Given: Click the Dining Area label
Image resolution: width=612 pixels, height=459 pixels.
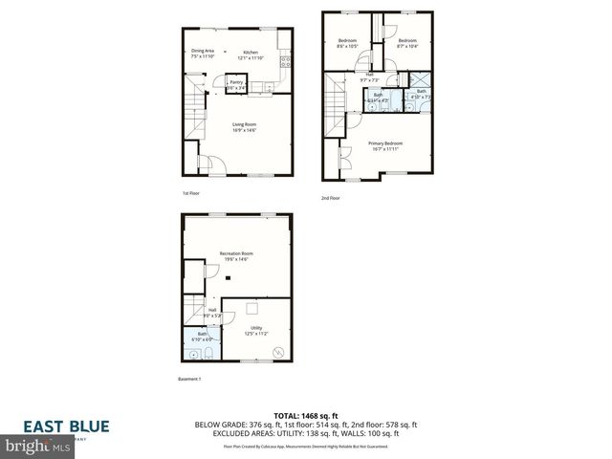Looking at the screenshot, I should pyautogui.click(x=202, y=54).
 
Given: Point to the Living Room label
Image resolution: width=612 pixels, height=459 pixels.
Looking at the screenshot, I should pyautogui.click(x=245, y=127).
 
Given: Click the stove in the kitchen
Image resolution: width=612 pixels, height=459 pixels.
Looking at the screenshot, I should pyautogui.click(x=284, y=63).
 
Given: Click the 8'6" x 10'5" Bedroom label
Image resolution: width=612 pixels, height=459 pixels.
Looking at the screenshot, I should pyautogui.click(x=347, y=43).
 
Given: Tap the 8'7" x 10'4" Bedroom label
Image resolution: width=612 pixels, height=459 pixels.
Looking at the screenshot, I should pyautogui.click(x=407, y=43).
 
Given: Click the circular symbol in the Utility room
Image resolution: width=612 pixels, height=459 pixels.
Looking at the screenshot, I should pyautogui.click(x=277, y=351).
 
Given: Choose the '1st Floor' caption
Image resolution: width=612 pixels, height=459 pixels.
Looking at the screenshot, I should pyautogui.click(x=190, y=193).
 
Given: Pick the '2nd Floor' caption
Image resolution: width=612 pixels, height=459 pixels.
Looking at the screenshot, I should pyautogui.click(x=330, y=198).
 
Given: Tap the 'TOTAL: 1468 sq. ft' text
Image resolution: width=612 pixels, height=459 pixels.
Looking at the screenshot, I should pyautogui.click(x=306, y=416).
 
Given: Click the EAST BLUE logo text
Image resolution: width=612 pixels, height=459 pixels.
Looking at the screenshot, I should pyautogui.click(x=67, y=426).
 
